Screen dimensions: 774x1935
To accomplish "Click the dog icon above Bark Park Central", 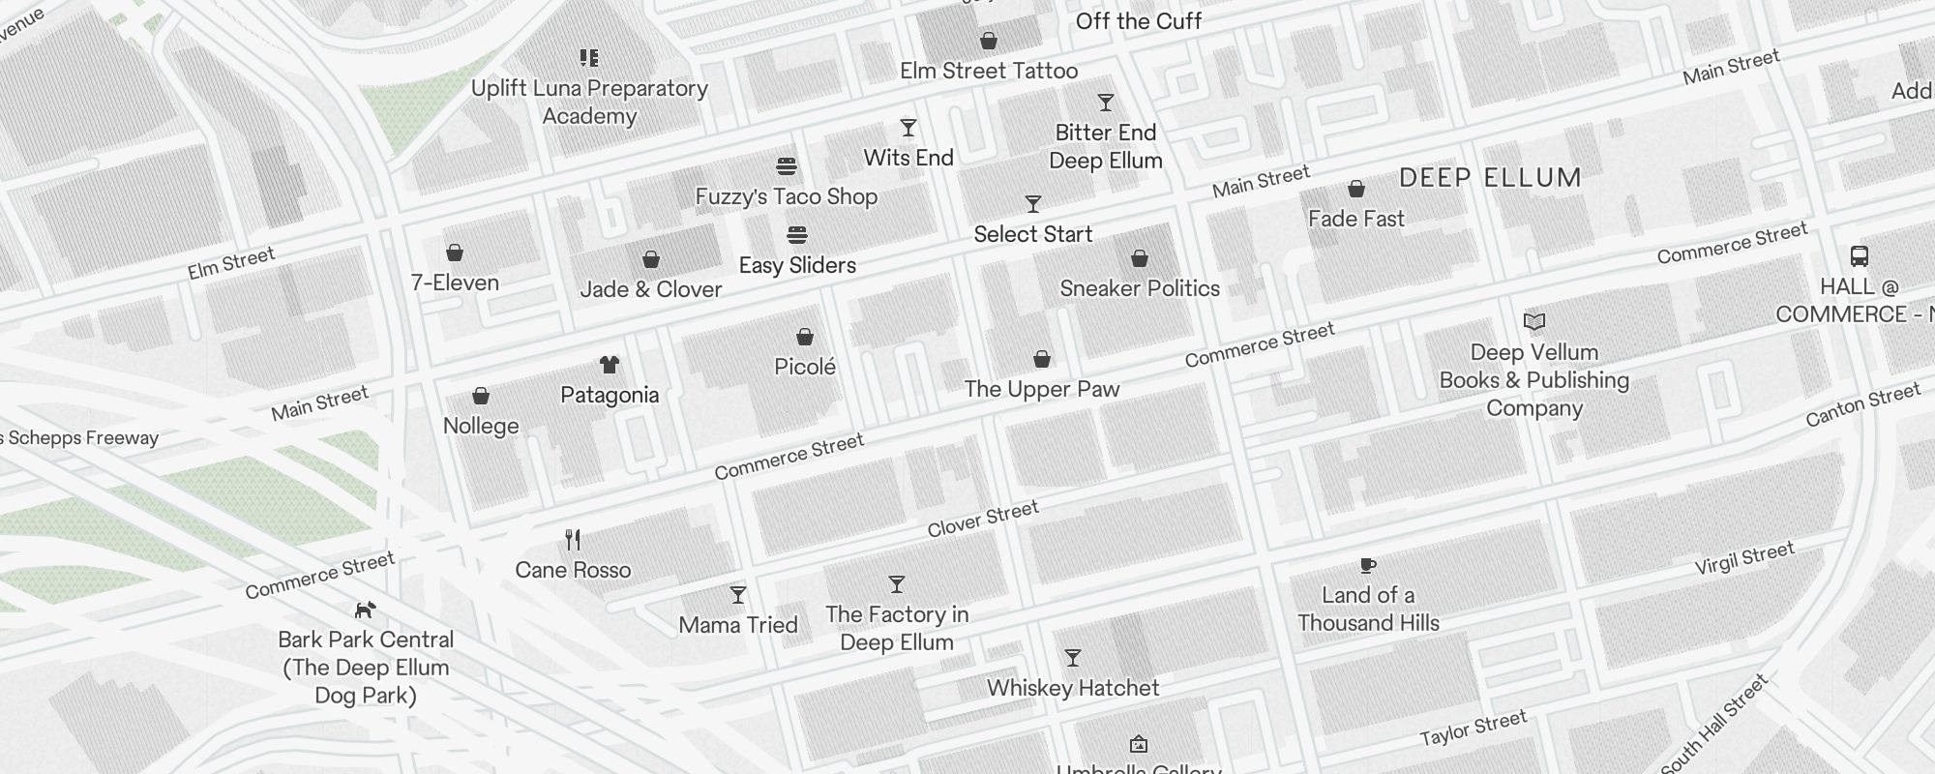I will pyautogui.click(x=365, y=610).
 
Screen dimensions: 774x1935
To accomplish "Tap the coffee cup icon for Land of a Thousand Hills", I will pyautogui.click(x=1367, y=565).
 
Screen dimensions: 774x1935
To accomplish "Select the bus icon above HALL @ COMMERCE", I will pyautogui.click(x=1859, y=256).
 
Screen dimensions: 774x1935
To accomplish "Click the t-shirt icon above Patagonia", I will pyautogui.click(x=609, y=365).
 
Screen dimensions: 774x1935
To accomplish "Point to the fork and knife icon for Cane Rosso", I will pyautogui.click(x=573, y=539).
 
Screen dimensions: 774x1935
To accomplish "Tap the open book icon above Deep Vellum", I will pyautogui.click(x=1533, y=321).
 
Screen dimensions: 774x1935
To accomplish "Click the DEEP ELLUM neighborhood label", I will pyautogui.click(x=1490, y=178).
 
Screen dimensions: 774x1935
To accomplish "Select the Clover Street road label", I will pyautogui.click(x=982, y=519).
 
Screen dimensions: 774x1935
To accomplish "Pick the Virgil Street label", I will pyautogui.click(x=1744, y=558).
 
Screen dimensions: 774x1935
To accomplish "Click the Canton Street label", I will pyautogui.click(x=1862, y=404).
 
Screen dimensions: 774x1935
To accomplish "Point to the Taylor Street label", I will pyautogui.click(x=1473, y=728).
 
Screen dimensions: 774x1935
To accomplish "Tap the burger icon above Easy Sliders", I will pyautogui.click(x=797, y=235).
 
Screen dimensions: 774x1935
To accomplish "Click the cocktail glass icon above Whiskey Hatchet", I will pyautogui.click(x=1072, y=658).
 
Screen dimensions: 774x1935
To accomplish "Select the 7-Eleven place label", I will pyautogui.click(x=455, y=283).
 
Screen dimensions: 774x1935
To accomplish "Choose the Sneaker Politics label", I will pyautogui.click(x=1139, y=288).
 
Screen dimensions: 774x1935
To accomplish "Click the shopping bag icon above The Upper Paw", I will pyautogui.click(x=1041, y=359).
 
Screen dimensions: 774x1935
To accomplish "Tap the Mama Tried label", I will pyautogui.click(x=737, y=625).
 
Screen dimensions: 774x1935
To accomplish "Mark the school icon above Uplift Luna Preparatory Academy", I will pyautogui.click(x=588, y=58).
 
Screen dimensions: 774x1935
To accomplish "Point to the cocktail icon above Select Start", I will pyautogui.click(x=1032, y=204).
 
